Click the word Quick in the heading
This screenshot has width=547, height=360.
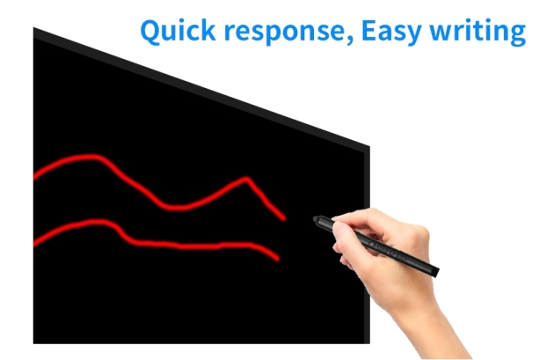tap(178, 31)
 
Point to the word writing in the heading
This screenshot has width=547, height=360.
tap(478, 33)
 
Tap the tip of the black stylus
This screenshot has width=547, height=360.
tap(315, 219)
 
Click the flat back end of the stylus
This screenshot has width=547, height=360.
tap(436, 272)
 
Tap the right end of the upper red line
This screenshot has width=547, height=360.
tap(284, 218)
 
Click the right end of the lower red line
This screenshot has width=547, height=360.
tap(278, 259)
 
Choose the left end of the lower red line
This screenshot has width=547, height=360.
tap(35, 244)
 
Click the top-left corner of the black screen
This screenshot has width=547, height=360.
tap(33, 28)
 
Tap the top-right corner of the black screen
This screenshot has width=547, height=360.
tap(369, 146)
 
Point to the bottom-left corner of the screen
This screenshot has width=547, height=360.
tap(33, 343)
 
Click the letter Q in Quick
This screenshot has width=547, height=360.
tap(152, 32)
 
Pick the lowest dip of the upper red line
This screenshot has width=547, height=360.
tap(174, 208)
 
